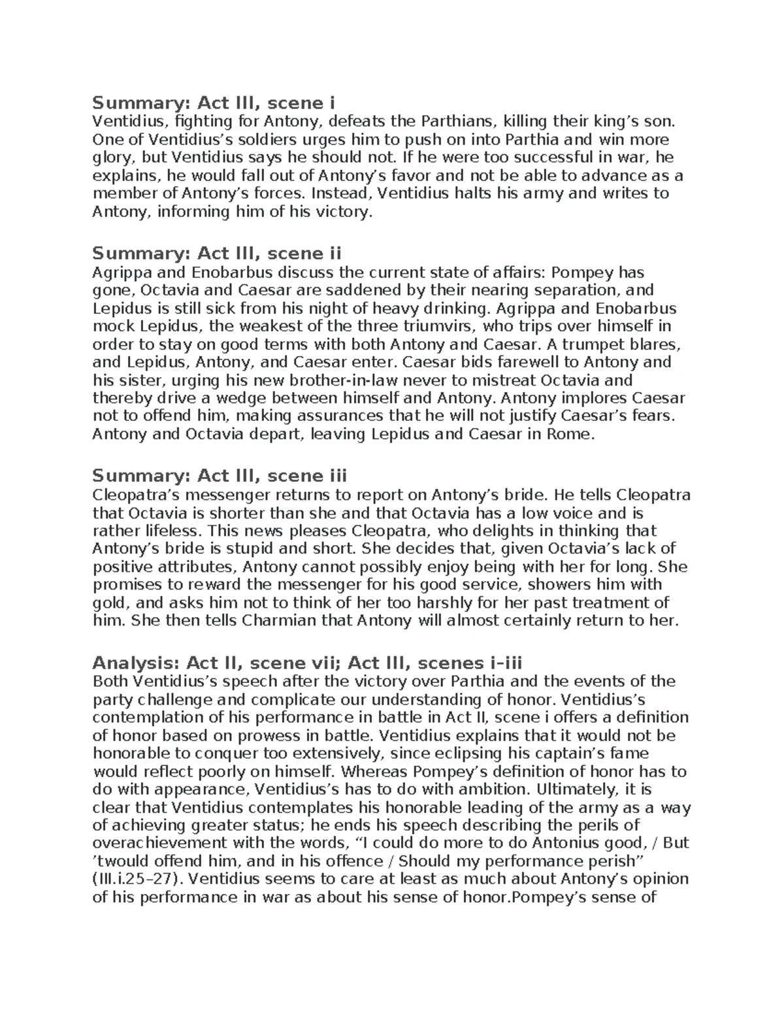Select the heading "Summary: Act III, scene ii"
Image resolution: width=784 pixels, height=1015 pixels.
pos(217,253)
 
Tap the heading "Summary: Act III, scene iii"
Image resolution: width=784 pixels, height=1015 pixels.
pos(220,475)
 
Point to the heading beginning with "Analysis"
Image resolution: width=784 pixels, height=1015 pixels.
pos(308,663)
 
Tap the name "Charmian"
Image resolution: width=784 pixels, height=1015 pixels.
pos(279,621)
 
